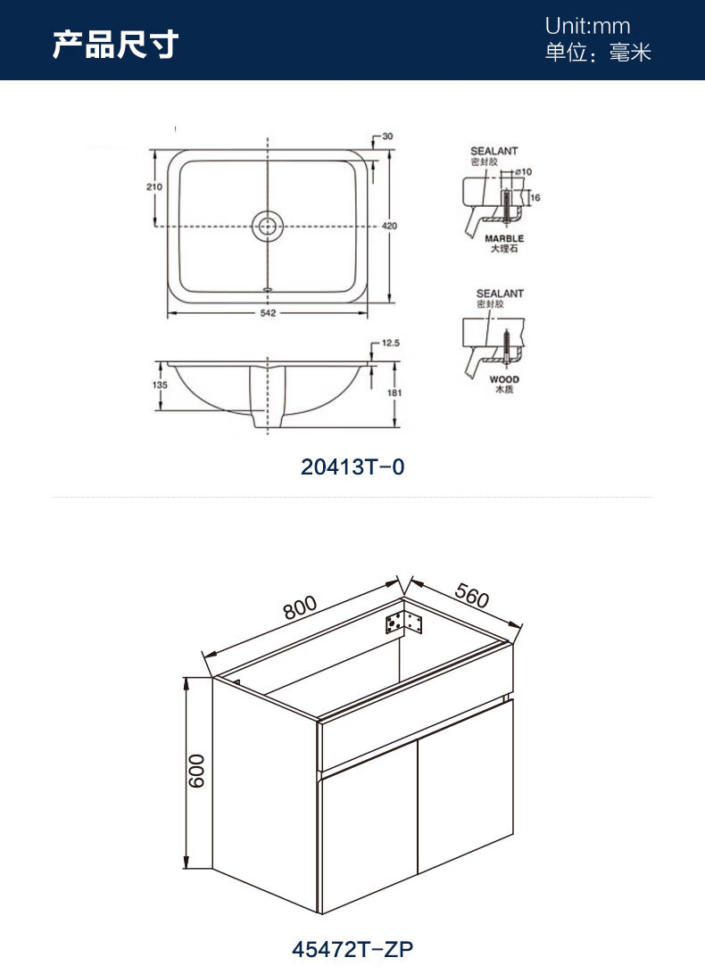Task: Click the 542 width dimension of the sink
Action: [x=268, y=313]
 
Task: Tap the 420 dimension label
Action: [x=389, y=227]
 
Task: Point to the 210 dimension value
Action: [x=154, y=186]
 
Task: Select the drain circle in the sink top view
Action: [x=268, y=226]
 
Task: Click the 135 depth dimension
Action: [x=160, y=385]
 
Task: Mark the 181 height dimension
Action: [x=394, y=392]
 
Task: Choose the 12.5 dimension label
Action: [x=390, y=343]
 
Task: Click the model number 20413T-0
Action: [x=352, y=466]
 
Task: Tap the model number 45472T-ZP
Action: [x=352, y=949]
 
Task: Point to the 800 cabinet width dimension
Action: [x=300, y=607]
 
